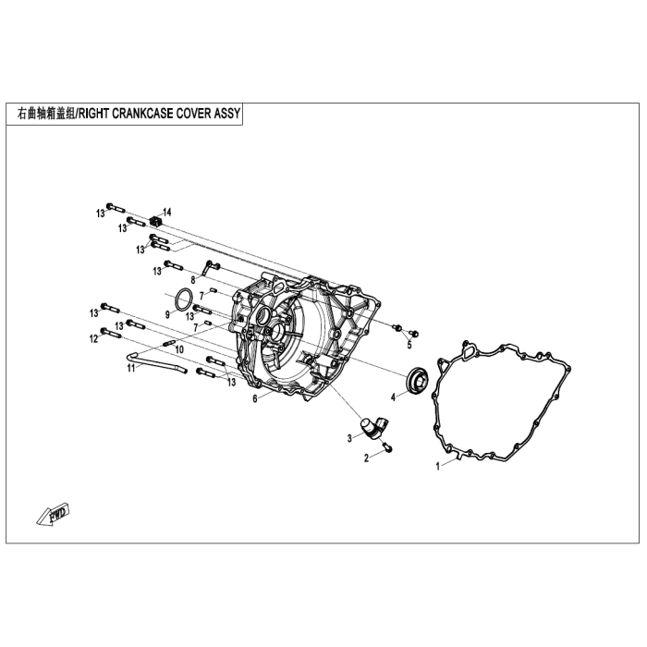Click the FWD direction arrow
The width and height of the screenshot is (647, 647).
[54, 514]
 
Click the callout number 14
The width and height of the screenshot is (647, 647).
[166, 213]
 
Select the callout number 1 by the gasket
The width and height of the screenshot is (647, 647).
[439, 467]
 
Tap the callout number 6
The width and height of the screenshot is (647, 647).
[255, 399]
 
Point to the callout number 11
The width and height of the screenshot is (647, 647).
[131, 368]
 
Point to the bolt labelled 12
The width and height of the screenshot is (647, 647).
[111, 333]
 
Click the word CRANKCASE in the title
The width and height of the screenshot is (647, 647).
[142, 114]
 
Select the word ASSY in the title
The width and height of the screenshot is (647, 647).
[227, 114]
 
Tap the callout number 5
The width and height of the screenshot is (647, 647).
[409, 346]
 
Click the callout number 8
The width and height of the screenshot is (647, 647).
[193, 279]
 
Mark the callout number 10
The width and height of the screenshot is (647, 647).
[179, 349]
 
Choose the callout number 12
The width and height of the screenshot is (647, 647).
[94, 339]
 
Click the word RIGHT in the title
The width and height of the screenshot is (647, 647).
[94, 114]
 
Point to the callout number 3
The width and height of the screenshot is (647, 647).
[350, 438]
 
